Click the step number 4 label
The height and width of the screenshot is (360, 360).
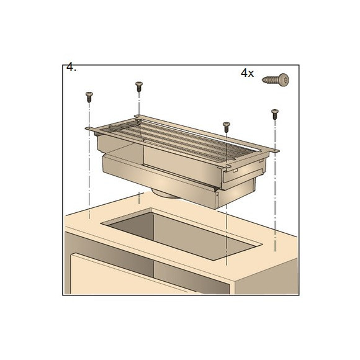point(71,67)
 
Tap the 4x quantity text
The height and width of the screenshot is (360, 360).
point(247,73)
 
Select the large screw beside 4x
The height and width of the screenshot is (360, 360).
point(276,79)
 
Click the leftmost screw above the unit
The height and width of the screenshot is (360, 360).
point(89,97)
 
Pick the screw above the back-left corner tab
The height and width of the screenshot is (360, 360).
point(139,86)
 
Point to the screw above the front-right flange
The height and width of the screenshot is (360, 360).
point(227,127)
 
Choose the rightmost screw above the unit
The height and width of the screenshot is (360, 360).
point(274,114)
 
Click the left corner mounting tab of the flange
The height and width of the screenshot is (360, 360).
point(89,129)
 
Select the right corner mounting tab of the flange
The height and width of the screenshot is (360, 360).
point(274,151)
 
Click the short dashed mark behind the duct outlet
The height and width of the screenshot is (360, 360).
point(139,198)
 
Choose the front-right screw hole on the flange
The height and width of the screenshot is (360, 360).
point(227,166)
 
